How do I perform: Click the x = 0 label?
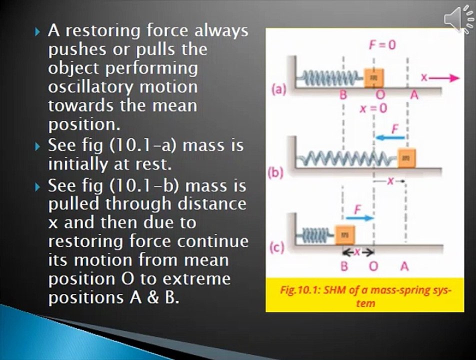(x=373, y=108)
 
